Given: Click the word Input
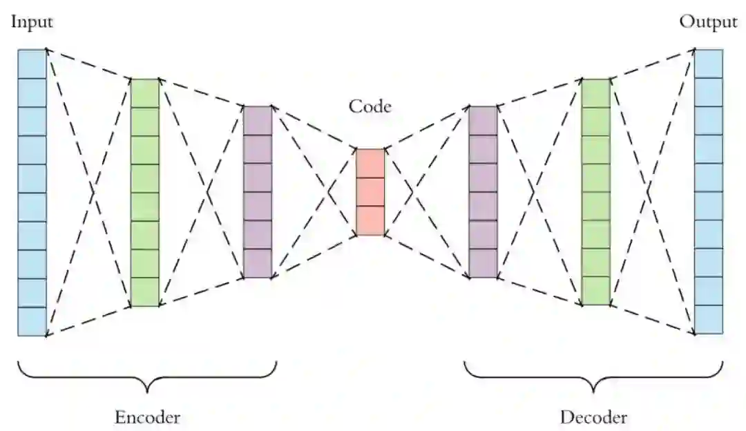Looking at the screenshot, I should click(32, 22).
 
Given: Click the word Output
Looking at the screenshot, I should click(708, 22).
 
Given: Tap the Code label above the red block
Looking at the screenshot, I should click(370, 106).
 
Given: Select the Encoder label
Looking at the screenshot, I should click(147, 417).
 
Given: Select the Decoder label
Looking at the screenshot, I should click(593, 417).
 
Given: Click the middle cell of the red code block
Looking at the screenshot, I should click(370, 192).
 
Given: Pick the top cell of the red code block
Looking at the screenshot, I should click(370, 163).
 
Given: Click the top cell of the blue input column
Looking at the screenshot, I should click(32, 64).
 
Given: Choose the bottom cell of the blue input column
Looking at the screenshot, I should click(32, 322).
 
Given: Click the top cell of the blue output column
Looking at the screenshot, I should click(709, 64).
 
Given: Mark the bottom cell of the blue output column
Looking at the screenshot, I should click(709, 320).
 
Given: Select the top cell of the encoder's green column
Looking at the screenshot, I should click(145, 93).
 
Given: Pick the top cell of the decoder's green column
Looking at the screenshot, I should click(596, 93).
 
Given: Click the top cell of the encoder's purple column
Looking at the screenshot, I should click(258, 120).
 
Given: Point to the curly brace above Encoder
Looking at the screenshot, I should click(147, 376).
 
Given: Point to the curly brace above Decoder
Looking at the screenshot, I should click(593, 376).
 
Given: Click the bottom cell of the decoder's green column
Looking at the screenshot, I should click(596, 291).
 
